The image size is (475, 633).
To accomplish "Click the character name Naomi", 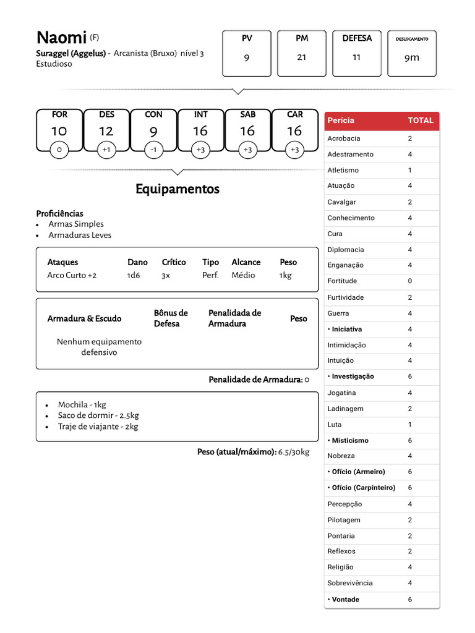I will point(61,38).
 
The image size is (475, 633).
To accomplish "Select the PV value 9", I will point(247,57).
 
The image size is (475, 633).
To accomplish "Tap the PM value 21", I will point(302,57).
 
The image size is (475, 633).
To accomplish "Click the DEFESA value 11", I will point(357,57).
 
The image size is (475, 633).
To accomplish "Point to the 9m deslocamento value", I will point(412,57).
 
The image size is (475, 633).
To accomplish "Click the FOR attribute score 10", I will point(59,131).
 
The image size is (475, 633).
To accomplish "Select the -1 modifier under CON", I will point(153,150).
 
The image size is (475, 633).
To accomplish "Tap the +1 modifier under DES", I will point(106,150).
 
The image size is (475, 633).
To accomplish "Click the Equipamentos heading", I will point(178,189).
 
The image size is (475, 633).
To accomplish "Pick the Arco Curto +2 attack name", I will point(72,276).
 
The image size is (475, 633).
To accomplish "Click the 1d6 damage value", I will point(134,276).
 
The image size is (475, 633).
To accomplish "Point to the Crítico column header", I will point(174,262).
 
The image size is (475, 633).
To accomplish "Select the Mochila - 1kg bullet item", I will point(82,405).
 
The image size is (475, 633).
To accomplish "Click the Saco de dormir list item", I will point(98,415).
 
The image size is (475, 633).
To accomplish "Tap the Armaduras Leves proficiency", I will point(80,236).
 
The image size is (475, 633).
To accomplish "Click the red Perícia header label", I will point(341,121).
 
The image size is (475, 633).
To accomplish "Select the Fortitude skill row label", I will point(342,281).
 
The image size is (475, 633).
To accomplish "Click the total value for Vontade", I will point(409,600).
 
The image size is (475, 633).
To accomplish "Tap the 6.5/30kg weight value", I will point(294,452).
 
